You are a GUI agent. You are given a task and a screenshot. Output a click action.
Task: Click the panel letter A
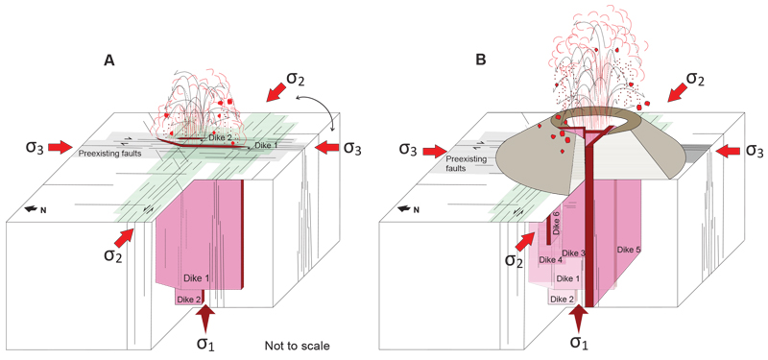click(x=109, y=60)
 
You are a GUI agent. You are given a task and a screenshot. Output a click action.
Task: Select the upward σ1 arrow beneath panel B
click(x=578, y=318)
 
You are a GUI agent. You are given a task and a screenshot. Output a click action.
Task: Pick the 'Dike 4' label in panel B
click(x=549, y=259)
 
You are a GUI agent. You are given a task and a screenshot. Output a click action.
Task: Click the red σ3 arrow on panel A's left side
click(x=60, y=147)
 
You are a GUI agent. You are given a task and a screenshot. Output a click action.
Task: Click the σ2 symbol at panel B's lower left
click(x=513, y=259)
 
